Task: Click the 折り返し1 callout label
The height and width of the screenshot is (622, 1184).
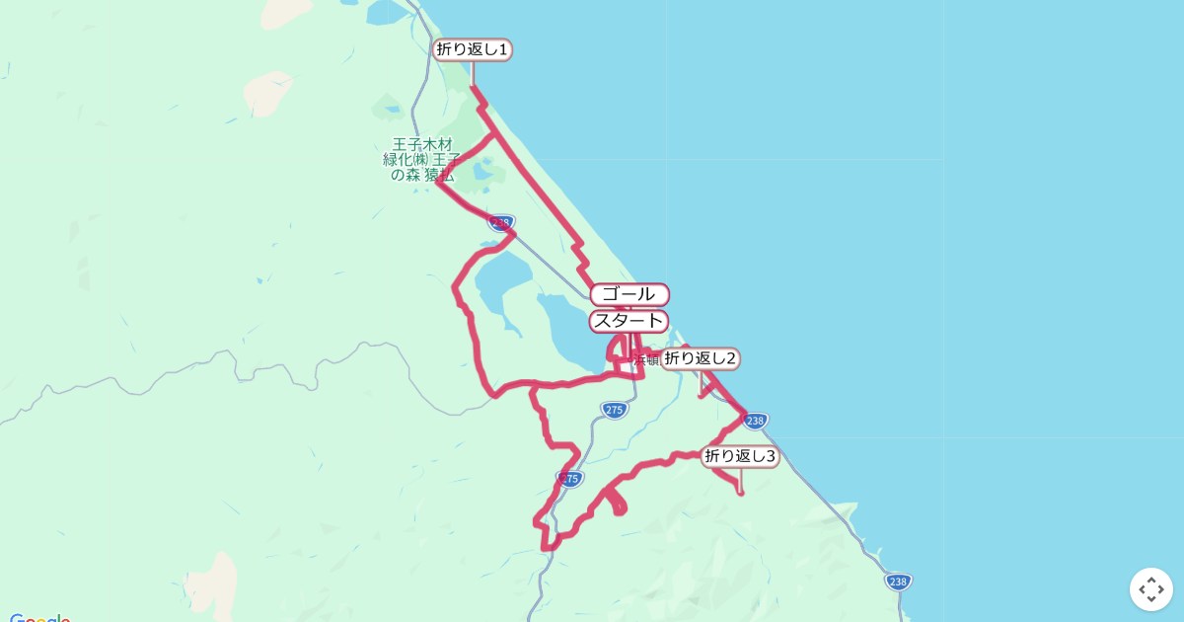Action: pyautogui.click(x=473, y=49)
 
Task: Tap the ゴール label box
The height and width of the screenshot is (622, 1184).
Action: pyautogui.click(x=629, y=294)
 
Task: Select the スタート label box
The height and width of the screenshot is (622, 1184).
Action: pyautogui.click(x=629, y=321)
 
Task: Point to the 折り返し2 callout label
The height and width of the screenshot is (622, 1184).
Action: pyautogui.click(x=700, y=358)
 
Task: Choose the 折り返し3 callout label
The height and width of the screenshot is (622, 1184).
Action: pyautogui.click(x=740, y=456)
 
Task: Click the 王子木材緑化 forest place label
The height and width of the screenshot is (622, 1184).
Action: pyautogui.click(x=421, y=159)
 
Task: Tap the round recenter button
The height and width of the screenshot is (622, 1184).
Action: pyautogui.click(x=1150, y=589)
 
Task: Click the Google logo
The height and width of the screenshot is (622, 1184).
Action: pyautogui.click(x=39, y=618)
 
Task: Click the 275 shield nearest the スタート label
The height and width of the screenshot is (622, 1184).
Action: pyautogui.click(x=614, y=410)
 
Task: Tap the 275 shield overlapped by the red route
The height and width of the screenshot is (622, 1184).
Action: pyautogui.click(x=569, y=479)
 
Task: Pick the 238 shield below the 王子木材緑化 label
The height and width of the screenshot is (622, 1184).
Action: pyautogui.click(x=501, y=223)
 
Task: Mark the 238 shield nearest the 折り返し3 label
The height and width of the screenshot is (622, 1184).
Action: pyautogui.click(x=755, y=421)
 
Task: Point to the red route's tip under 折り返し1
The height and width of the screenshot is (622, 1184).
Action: pyautogui.click(x=473, y=88)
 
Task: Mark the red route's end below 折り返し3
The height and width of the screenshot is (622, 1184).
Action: pyautogui.click(x=741, y=492)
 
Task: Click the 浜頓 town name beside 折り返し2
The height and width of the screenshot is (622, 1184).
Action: pyautogui.click(x=646, y=360)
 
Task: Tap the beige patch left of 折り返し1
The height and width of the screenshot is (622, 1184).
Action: pyautogui.click(x=266, y=93)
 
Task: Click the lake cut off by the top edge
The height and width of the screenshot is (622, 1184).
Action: pyautogui.click(x=385, y=10)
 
